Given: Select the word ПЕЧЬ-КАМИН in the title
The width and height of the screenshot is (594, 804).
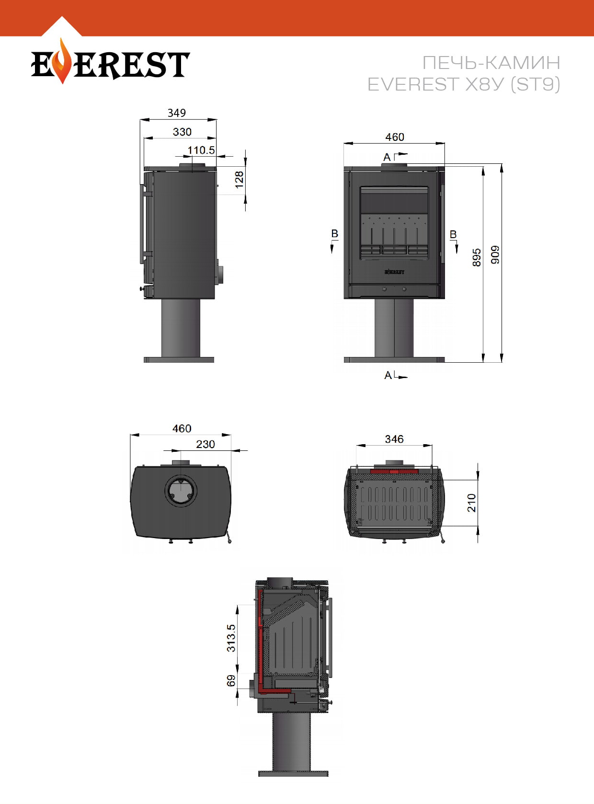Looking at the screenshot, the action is click(x=491, y=63).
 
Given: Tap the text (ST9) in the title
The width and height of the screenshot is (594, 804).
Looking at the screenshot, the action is click(x=535, y=84).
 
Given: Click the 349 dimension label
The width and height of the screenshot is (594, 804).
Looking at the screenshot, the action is click(x=176, y=113).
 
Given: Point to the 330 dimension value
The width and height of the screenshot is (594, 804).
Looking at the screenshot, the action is click(x=182, y=132).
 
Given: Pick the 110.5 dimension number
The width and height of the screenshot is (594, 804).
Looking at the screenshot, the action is click(x=201, y=149).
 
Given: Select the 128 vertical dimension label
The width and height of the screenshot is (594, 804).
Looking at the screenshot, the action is click(x=239, y=180).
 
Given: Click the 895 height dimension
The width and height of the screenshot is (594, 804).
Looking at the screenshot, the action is click(x=477, y=257).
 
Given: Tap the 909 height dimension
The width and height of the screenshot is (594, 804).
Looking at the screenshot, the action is click(x=495, y=255).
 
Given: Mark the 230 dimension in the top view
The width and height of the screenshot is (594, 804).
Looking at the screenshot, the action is click(x=206, y=444).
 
